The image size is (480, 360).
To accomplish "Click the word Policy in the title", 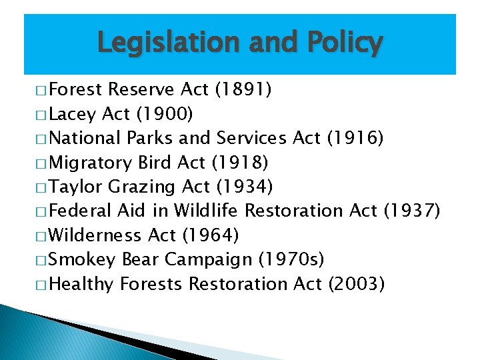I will point(345,43).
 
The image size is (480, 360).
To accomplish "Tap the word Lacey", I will point(73,114).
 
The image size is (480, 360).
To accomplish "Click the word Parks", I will point(150,138).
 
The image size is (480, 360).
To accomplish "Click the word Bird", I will point(156,162).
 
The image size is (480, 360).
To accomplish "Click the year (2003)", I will point(357,283).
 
